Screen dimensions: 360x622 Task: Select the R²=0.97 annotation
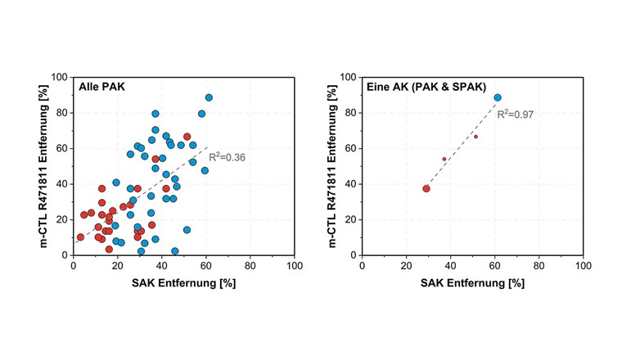[x=515, y=115]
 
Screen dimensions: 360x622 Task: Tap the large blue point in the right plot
[x=498, y=97]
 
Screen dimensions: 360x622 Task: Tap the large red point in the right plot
[x=426, y=188]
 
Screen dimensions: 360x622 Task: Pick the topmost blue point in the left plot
[x=209, y=97]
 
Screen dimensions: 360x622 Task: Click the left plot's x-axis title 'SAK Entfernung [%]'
[x=184, y=282]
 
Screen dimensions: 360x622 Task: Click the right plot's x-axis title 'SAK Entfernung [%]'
[x=472, y=282]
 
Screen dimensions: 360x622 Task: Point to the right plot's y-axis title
[x=327, y=166]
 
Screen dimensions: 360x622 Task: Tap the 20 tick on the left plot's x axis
[x=118, y=266]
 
